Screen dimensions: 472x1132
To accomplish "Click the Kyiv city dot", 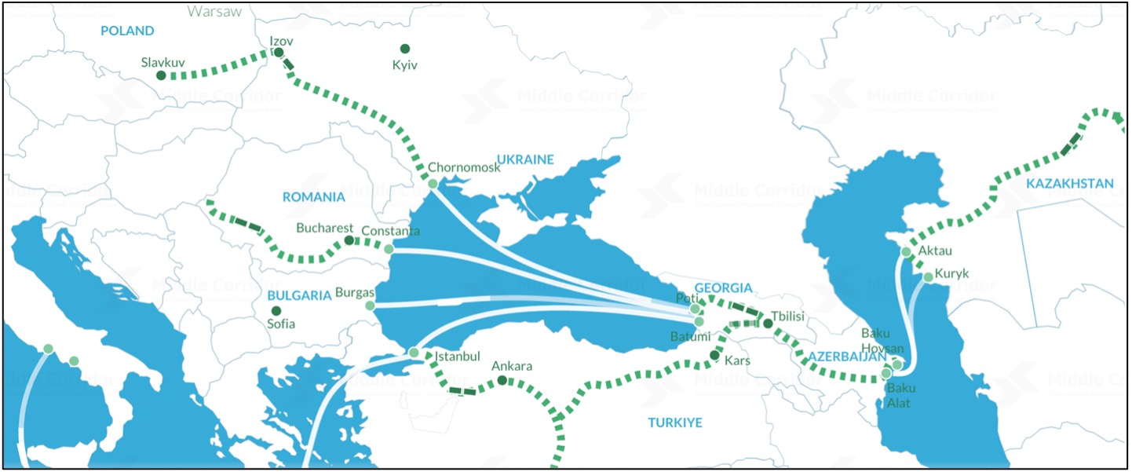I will tap(405, 49).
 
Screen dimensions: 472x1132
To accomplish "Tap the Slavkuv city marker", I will tap(161, 75).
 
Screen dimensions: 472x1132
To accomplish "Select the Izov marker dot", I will tap(278, 53).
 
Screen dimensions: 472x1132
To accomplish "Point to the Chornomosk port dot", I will tap(433, 184).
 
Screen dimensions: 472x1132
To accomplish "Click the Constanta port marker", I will tap(389, 249).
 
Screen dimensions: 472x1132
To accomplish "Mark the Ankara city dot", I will tap(502, 381).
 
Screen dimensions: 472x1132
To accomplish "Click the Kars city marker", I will tap(714, 356).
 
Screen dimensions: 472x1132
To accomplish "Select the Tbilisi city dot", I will tap(769, 323).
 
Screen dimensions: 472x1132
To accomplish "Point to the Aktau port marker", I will tap(906, 252).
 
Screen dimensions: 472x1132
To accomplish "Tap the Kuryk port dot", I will tap(928, 276).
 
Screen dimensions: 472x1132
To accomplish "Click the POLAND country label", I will tap(127, 31).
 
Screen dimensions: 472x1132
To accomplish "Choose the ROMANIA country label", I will tap(314, 196).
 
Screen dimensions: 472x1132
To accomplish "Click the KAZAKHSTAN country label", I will tap(1068, 184).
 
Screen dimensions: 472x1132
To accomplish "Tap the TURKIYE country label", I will tap(675, 423).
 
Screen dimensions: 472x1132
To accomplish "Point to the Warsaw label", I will tap(214, 11).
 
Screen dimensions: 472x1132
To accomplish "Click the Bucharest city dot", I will tap(349, 240).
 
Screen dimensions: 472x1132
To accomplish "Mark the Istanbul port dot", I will tap(414, 353).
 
